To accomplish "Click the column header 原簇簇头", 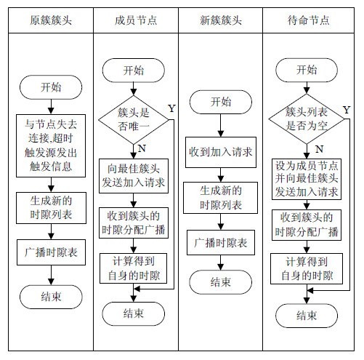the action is pos(51,20).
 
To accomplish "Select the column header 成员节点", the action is pos(136,20).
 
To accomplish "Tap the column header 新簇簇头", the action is pos(221,20).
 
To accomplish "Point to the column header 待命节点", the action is pos(309,20).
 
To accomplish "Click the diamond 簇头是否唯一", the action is pos(134,119).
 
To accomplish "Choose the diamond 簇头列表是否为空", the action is pos(307,119).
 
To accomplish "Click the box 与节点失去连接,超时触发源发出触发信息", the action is pos(51,145).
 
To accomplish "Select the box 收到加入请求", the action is pos(221,152).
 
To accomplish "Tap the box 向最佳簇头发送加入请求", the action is pos(134,176).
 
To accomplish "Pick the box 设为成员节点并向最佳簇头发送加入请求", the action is pos(307,179).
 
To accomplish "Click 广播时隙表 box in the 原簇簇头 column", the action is pos(51,252).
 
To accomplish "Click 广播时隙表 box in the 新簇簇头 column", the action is pos(221,242).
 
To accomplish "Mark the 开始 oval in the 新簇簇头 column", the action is pos(221,102).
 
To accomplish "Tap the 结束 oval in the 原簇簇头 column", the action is pos(51,297).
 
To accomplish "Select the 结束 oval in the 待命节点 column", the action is pos(307,316).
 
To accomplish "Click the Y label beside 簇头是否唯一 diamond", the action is pos(171,108).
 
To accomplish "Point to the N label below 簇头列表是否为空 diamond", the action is pos(320,149).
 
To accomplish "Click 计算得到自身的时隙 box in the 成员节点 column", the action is pos(133,268).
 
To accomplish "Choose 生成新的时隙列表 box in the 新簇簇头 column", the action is pos(220,198).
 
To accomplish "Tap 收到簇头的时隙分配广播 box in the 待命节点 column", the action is pos(307,225).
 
